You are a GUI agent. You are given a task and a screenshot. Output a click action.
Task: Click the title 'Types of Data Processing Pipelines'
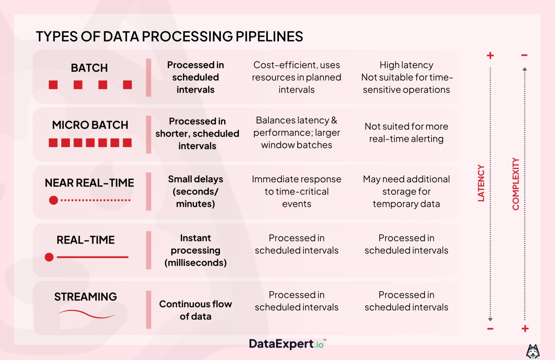pos(169,37)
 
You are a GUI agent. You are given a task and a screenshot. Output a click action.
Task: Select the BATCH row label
pos(89,68)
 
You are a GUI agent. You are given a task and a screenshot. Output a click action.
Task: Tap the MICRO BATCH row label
pos(90,125)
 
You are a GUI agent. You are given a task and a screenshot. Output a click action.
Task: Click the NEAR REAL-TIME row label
pos(89,183)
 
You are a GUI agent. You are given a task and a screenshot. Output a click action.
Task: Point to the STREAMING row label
pos(85,297)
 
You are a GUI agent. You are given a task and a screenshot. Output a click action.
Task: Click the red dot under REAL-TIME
pos(49,257)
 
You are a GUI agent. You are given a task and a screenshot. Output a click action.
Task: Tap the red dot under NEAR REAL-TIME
pos(54,200)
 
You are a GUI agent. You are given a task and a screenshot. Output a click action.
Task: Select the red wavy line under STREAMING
pos(86,314)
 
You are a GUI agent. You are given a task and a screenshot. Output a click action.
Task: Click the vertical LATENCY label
pos(481,183)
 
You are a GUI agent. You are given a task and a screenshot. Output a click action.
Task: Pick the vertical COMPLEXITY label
pos(516,184)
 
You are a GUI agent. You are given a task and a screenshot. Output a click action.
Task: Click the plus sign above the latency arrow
pos(490,56)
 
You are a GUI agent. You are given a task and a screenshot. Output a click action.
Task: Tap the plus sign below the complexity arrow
pos(525,328)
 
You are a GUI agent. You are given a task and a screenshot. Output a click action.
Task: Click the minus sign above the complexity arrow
pos(525,55)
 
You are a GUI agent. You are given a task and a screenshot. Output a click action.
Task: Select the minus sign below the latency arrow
pos(490,329)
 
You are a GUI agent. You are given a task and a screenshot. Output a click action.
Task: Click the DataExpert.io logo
pos(287,344)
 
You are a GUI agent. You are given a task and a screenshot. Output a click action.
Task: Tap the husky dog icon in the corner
pos(533,351)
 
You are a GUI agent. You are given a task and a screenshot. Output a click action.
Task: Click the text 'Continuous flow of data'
pos(196,310)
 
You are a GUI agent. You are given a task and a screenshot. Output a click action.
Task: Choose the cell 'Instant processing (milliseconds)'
pos(196,250)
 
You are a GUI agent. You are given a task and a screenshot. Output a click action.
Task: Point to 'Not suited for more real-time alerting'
pos(406,132)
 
